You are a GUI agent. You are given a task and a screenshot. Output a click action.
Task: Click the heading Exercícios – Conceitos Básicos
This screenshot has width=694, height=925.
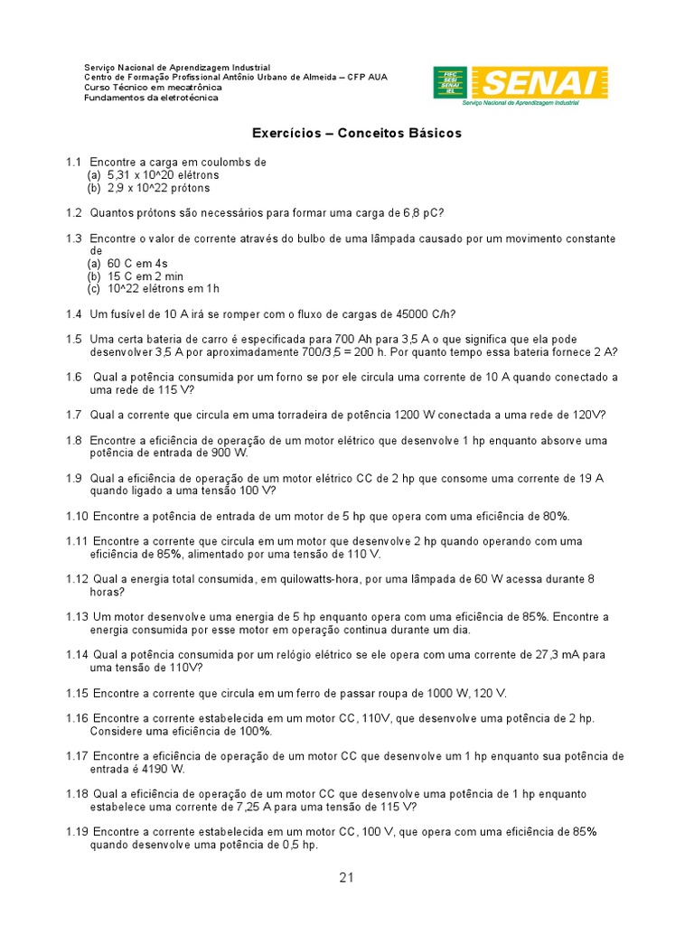[x=356, y=133]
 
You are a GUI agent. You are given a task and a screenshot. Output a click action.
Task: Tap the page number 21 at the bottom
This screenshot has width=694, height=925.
[x=347, y=878]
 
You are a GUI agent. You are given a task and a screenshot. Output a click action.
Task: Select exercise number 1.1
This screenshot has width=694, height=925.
[x=73, y=162]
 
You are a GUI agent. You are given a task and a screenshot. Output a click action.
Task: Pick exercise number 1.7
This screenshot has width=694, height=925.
[x=73, y=416]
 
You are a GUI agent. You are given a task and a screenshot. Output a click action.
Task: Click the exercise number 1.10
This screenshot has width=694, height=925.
[x=76, y=517]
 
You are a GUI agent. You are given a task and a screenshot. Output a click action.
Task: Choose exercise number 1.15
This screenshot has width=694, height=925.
[x=76, y=693]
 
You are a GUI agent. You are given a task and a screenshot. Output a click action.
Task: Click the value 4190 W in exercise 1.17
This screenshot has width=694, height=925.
[x=164, y=769]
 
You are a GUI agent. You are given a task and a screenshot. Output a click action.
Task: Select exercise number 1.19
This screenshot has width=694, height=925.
[x=76, y=832]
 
